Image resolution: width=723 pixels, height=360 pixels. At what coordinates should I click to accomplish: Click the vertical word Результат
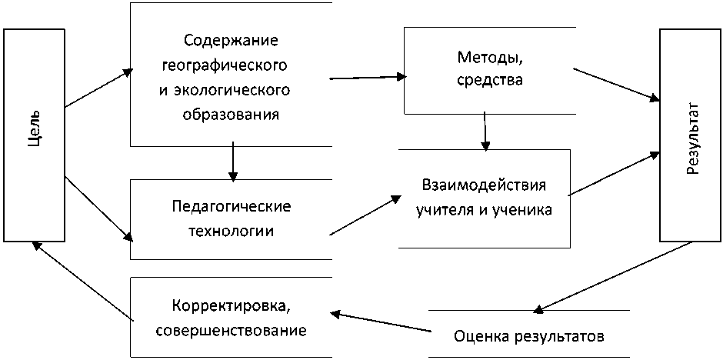691,137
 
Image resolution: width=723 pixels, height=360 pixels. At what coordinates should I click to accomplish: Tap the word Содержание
232,39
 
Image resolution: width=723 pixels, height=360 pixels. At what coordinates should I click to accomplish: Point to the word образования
231,115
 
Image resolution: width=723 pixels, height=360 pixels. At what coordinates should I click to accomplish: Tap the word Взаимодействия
484,186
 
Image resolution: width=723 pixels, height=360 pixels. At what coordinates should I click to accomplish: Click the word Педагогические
231,207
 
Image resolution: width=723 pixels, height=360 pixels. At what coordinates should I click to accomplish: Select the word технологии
231,231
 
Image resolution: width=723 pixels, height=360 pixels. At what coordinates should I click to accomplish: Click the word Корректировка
231,305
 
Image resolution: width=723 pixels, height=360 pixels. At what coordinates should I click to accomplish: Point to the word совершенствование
231,331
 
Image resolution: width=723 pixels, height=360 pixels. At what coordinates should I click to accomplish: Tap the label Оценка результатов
530,336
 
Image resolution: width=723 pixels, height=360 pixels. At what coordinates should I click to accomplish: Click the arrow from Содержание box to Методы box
368,77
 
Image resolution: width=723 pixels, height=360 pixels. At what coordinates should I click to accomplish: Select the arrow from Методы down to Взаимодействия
485,130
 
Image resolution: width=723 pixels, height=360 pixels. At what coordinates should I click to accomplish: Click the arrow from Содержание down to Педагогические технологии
232,162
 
